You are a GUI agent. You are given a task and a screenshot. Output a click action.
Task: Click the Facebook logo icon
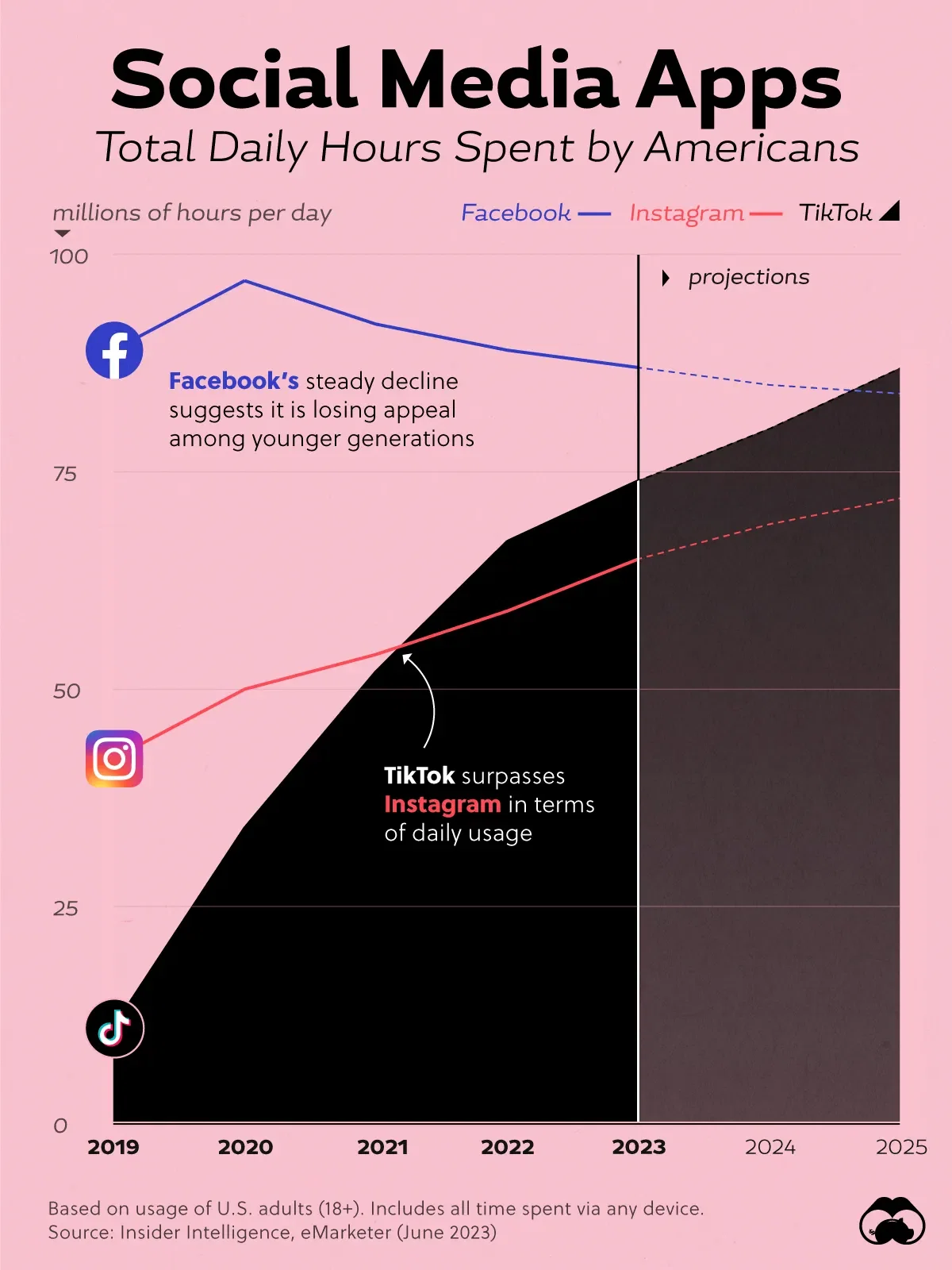point(114,350)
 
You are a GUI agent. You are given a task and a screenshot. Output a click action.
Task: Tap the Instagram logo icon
point(114,759)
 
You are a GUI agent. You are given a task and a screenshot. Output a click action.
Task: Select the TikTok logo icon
point(115,1029)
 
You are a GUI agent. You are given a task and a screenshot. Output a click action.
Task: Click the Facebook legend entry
point(535,213)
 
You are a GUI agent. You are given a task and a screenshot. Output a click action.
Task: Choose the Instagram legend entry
point(704,213)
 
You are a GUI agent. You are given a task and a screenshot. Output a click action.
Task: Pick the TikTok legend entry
point(848,212)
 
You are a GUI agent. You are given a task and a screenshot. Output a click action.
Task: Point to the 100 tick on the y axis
point(69,256)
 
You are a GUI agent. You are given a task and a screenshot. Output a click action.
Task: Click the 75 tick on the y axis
point(65,474)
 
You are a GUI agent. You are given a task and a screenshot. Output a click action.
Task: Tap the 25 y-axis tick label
point(65,908)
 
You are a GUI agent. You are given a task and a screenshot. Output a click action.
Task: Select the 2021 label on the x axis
point(382,1147)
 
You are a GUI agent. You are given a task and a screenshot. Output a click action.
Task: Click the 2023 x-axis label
point(639,1147)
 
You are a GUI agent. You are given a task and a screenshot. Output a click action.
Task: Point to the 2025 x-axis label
point(901,1147)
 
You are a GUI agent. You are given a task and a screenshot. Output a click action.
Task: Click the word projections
point(749,277)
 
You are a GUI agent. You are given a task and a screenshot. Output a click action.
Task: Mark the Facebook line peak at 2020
point(245,281)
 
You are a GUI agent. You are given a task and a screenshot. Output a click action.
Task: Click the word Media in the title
point(498,80)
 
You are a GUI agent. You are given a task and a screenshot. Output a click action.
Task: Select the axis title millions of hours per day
point(192,213)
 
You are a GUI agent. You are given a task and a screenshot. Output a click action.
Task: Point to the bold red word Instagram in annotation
point(442,804)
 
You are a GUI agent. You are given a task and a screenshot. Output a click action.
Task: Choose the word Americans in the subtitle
point(751,148)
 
